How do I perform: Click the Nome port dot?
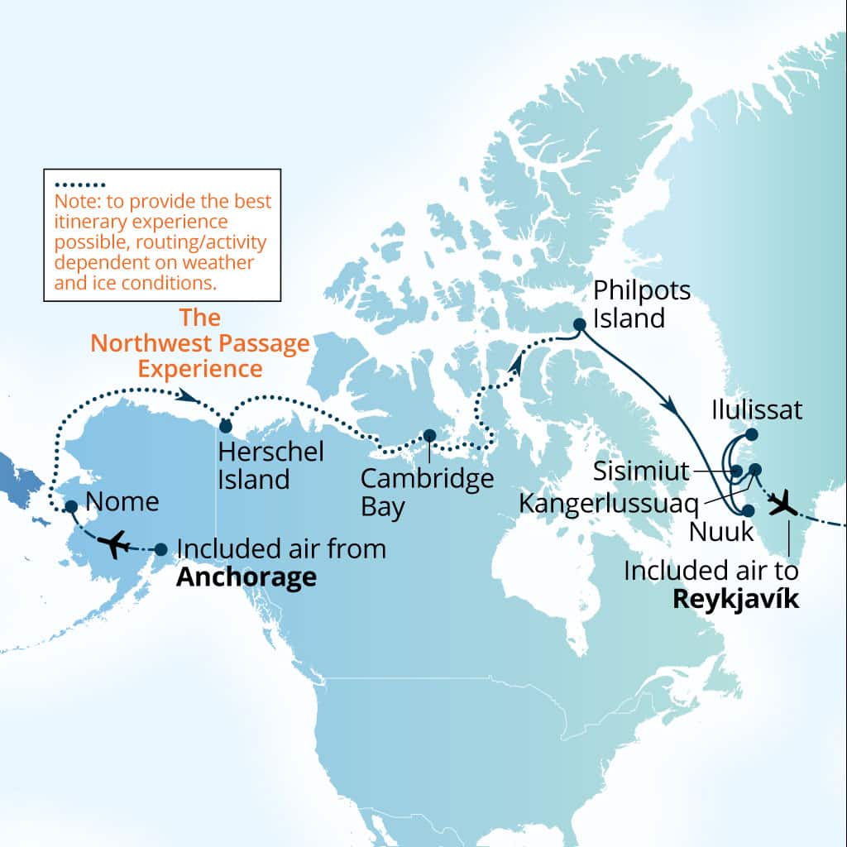click(71, 506)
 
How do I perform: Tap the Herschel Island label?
click(258, 466)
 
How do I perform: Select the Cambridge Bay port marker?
click(429, 435)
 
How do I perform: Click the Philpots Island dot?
click(580, 324)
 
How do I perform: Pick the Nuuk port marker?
click(749, 511)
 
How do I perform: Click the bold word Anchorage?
click(246, 576)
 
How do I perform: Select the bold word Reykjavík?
click(735, 600)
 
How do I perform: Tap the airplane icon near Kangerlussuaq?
click(782, 502)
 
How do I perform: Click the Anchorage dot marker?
click(161, 548)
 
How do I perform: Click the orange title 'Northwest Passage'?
click(200, 342)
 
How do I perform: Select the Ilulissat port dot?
click(751, 433)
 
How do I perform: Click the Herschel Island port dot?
click(224, 426)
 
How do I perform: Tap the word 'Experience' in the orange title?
click(200, 367)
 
